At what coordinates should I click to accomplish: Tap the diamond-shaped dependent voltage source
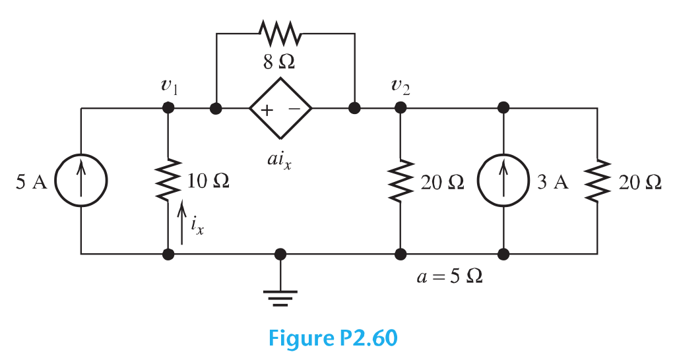pyautogui.click(x=280, y=108)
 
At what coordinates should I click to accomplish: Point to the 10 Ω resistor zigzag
pyautogui.click(x=169, y=179)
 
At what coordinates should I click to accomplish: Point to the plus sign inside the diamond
pyautogui.click(x=265, y=109)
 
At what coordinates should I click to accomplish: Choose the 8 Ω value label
pyautogui.click(x=279, y=63)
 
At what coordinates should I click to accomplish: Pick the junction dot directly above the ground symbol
pyautogui.click(x=280, y=253)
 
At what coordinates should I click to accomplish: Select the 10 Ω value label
pyautogui.click(x=208, y=181)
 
